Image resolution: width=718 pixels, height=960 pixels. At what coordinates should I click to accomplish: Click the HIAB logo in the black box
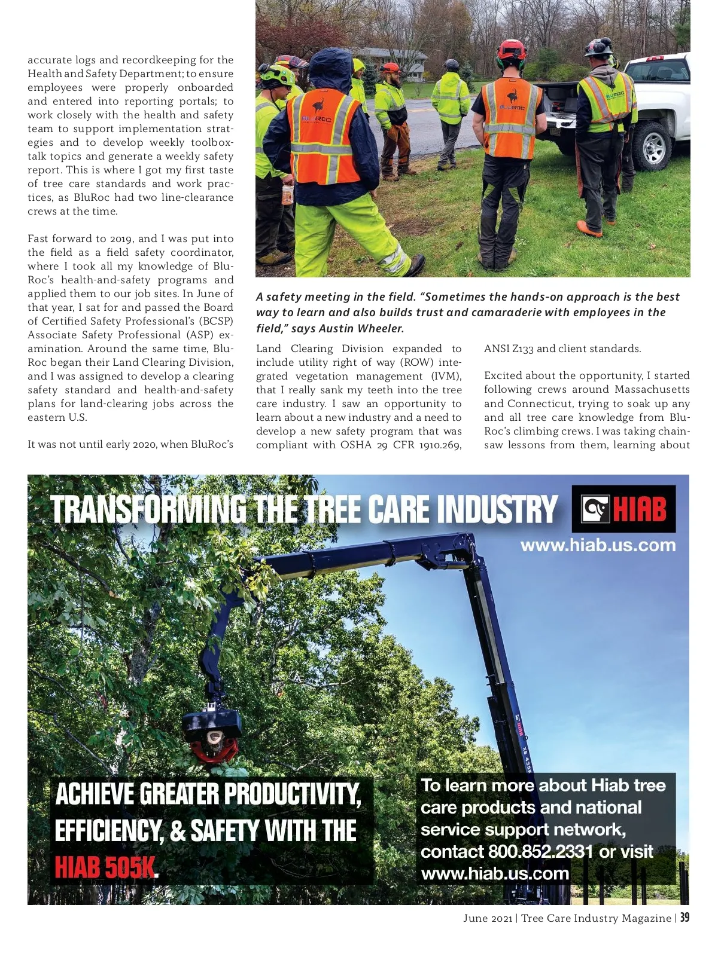tap(623, 509)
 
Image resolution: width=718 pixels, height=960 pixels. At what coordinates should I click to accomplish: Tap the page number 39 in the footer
tap(684, 918)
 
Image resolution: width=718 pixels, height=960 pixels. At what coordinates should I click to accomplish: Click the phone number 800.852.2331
tap(540, 851)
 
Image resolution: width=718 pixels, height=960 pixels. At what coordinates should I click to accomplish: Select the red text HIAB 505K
tap(105, 867)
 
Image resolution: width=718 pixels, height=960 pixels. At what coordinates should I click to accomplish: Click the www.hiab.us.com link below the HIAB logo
tap(598, 545)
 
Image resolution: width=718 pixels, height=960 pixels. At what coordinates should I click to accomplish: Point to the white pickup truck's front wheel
tap(653, 147)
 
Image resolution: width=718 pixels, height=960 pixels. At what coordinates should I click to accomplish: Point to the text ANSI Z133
tap(509, 348)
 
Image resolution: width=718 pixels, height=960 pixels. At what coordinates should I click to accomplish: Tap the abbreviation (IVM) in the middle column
tap(446, 376)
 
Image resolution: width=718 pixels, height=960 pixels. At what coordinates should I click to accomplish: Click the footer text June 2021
tap(487, 918)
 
